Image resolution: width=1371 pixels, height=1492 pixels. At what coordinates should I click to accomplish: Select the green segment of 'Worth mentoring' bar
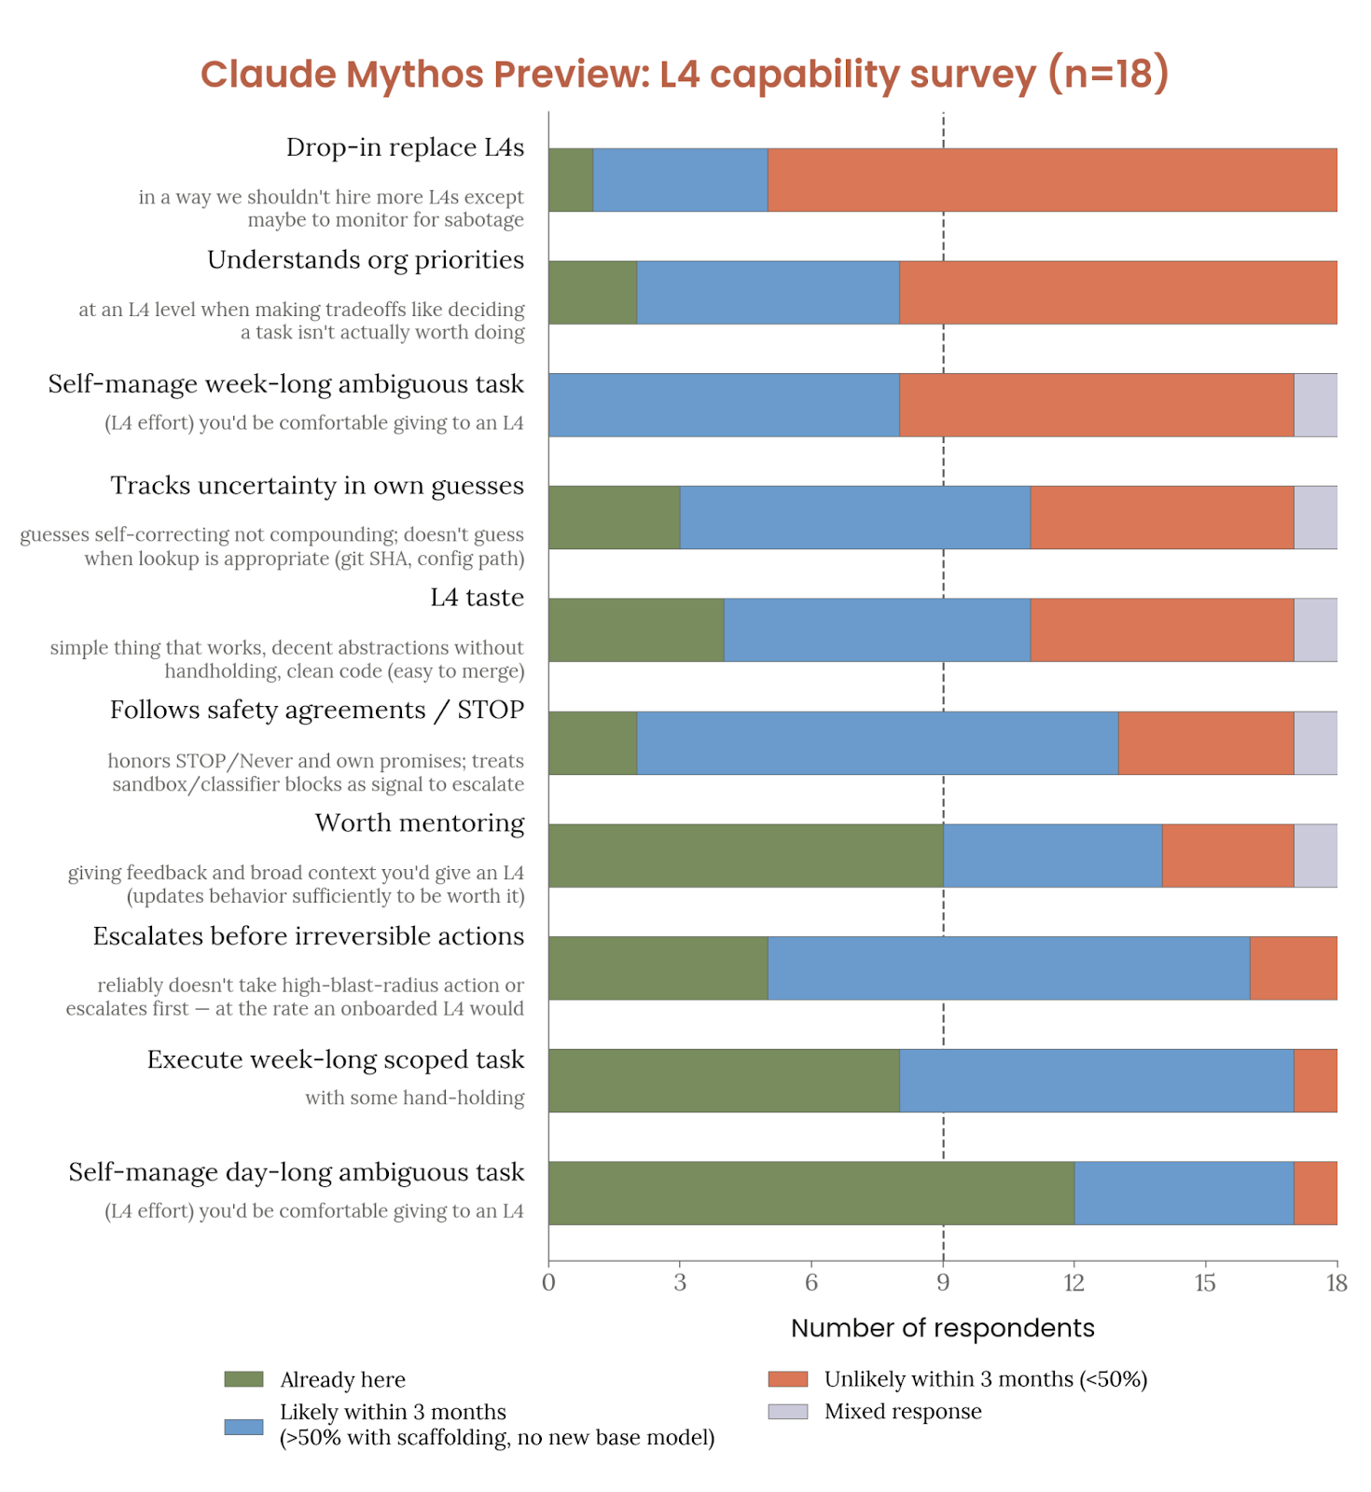click(x=745, y=855)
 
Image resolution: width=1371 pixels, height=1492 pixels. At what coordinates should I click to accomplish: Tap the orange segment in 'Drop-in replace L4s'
click(x=1051, y=180)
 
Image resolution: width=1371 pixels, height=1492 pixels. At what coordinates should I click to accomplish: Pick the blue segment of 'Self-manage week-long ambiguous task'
click(x=724, y=405)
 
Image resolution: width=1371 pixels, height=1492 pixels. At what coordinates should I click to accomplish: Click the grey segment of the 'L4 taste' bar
click(x=1315, y=630)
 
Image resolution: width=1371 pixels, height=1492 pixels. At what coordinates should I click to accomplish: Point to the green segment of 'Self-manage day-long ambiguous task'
click(x=810, y=1193)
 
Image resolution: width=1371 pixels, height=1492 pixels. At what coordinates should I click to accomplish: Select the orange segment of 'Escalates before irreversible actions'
click(x=1293, y=968)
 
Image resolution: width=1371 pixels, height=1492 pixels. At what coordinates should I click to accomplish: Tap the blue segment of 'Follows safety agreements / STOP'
click(x=877, y=743)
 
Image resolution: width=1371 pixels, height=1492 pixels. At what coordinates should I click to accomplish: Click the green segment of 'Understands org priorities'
click(x=592, y=293)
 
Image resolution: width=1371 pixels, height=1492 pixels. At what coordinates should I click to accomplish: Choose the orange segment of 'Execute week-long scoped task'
click(x=1315, y=1081)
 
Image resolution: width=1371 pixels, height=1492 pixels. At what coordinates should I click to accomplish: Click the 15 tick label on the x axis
click(x=1205, y=1283)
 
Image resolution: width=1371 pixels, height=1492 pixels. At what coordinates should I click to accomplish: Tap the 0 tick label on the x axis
click(x=548, y=1283)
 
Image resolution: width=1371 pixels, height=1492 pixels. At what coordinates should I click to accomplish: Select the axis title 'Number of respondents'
click(x=942, y=1328)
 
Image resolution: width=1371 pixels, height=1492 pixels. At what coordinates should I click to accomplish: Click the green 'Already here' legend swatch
click(x=243, y=1379)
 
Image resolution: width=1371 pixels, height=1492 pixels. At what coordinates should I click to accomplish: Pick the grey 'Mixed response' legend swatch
click(x=787, y=1411)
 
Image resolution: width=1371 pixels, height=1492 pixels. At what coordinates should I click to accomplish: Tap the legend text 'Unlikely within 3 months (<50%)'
click(x=985, y=1379)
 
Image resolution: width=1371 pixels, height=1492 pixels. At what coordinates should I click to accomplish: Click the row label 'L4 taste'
click(x=477, y=598)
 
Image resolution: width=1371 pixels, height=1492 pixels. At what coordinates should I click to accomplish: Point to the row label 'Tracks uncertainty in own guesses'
click(x=317, y=486)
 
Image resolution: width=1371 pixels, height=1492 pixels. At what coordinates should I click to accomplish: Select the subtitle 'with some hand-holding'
click(x=414, y=1098)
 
